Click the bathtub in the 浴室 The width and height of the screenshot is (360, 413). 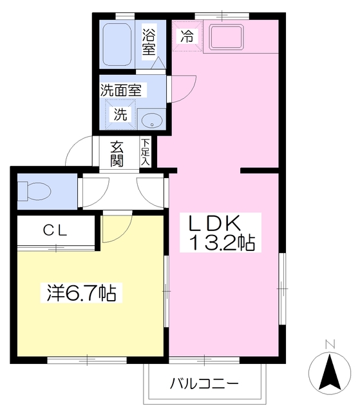click(x=117, y=45)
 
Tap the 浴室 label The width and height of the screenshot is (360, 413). click(x=149, y=41)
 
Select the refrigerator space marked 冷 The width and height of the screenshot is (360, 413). click(x=187, y=36)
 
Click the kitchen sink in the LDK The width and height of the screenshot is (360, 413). click(x=226, y=37)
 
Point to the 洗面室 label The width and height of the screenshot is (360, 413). click(x=121, y=90)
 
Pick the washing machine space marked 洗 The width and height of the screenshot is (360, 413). click(x=120, y=115)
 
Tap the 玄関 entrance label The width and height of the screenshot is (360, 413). click(x=117, y=154)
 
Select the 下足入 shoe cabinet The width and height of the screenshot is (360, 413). click(x=145, y=152)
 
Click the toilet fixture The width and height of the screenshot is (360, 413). click(x=34, y=191)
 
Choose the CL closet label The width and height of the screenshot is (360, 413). click(x=55, y=230)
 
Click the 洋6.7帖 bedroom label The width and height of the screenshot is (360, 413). click(x=81, y=292)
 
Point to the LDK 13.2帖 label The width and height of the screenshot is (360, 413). click(x=221, y=233)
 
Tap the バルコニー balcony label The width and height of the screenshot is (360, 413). click(x=204, y=383)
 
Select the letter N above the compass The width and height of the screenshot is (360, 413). click(x=330, y=345)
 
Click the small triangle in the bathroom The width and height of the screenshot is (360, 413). click(x=158, y=63)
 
